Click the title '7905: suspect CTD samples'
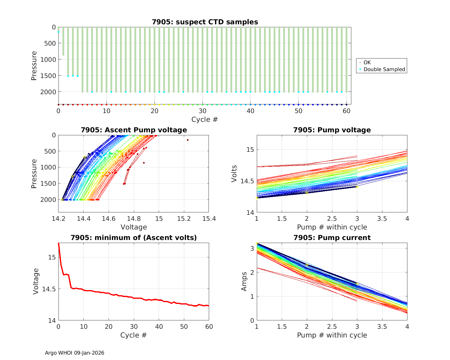tap(205, 22)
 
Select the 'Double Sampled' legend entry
tap(384, 69)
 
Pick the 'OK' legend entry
tap(367, 62)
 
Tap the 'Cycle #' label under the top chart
tap(205, 119)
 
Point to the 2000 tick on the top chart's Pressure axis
tap(48, 92)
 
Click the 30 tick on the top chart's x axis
tap(202, 111)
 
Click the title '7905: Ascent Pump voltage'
tap(134, 130)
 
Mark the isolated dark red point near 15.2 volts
tap(187, 140)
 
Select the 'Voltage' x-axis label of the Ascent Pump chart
tap(134, 227)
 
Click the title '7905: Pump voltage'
tap(332, 130)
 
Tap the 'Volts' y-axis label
tap(234, 174)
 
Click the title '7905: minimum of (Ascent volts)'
tap(134, 238)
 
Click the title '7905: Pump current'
tap(332, 238)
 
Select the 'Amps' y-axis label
tap(244, 281)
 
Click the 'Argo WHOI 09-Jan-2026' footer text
tap(74, 353)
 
